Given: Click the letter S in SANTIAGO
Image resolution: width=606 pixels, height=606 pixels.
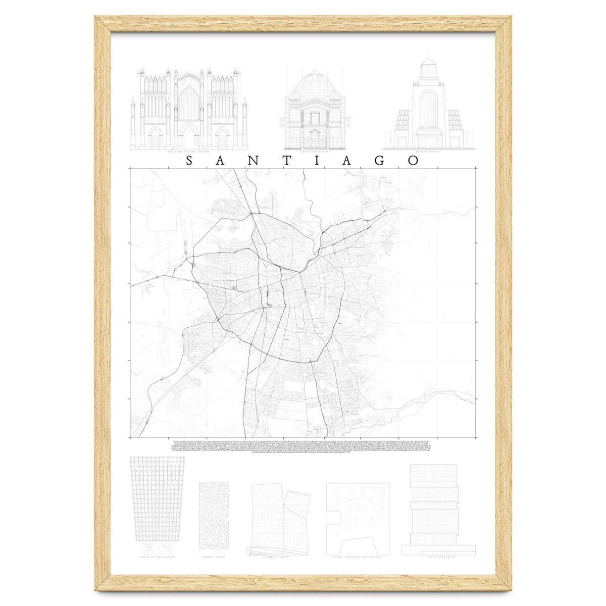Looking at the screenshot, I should (190, 161).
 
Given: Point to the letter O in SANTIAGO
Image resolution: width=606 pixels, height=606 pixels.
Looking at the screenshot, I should (414, 161).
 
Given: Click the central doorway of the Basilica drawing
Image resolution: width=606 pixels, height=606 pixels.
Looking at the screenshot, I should (189, 136).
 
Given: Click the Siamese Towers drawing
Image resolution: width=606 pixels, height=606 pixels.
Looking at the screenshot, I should (279, 520).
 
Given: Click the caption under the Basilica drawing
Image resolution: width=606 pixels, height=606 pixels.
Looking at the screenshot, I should (189, 151).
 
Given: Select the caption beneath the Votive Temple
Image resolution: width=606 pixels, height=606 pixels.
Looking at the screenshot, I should (428, 151).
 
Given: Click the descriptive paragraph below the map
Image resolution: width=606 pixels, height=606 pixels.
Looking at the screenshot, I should (303, 446).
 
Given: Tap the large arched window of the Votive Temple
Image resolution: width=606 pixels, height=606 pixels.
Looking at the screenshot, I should (428, 109).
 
